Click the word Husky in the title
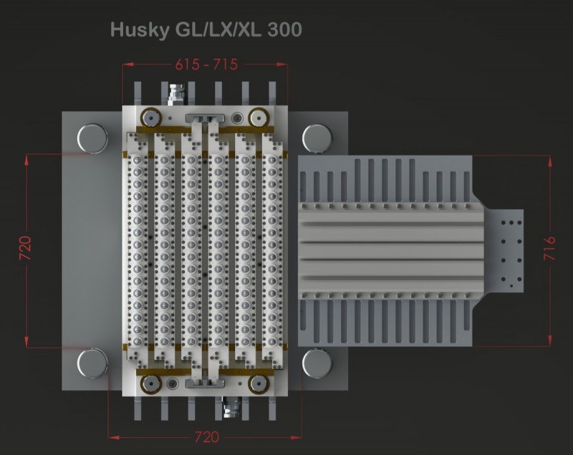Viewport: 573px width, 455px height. point(140,30)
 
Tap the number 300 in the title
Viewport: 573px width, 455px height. point(284,29)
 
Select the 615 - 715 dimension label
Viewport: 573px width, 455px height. point(206,64)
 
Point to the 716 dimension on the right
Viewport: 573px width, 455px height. point(549,248)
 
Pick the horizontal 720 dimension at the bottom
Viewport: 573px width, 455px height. point(206,437)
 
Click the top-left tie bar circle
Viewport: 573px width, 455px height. point(92,138)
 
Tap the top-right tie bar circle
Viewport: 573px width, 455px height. point(317,138)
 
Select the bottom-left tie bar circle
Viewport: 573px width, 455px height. point(92,363)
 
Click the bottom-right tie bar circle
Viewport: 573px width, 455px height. point(317,363)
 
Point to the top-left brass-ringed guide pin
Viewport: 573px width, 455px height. point(150,118)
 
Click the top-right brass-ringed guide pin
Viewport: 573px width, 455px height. point(259,118)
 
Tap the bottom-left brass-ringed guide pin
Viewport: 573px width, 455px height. point(150,384)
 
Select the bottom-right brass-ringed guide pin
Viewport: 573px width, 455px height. point(259,384)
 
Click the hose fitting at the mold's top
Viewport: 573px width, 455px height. point(176,95)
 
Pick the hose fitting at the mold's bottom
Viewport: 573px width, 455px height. point(231,407)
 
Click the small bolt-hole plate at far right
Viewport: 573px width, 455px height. point(504,251)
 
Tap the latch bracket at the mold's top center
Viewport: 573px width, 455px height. point(205,118)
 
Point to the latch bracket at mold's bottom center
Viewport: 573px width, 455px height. point(205,383)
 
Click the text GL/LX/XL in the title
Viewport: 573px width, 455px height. point(218,30)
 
